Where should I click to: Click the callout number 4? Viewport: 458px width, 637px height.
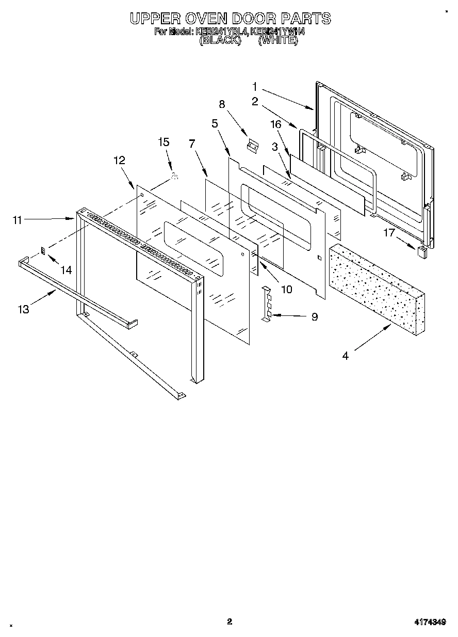coord(345,356)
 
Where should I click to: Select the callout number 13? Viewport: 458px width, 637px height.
coord(23,309)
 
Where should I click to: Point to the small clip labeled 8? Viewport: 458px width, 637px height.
coord(252,146)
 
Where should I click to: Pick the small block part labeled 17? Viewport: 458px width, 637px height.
coord(422,251)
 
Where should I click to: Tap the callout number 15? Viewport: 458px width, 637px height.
coord(163,142)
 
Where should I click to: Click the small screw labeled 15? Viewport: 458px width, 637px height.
coord(174,177)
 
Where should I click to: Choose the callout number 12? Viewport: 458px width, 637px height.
coord(119,161)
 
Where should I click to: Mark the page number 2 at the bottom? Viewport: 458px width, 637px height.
coord(230,622)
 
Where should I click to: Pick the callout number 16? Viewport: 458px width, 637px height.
coord(276,124)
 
